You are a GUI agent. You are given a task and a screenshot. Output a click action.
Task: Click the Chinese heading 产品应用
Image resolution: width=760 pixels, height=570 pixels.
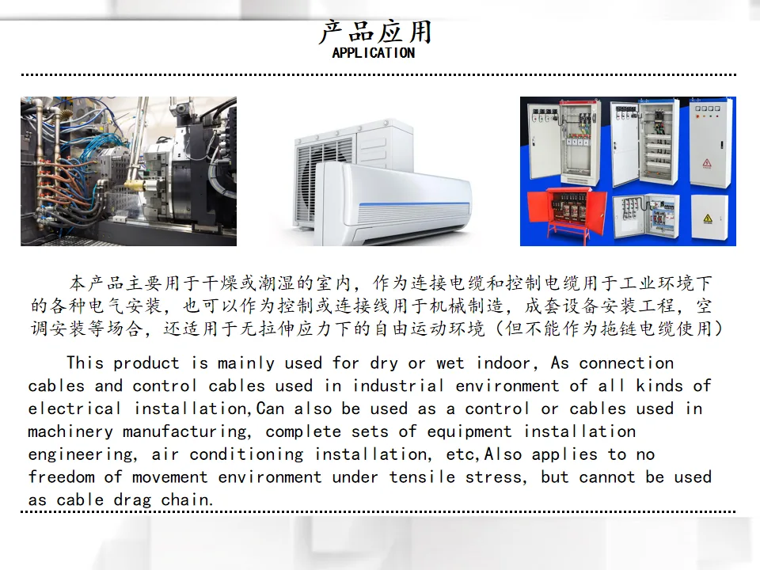(x=374, y=32)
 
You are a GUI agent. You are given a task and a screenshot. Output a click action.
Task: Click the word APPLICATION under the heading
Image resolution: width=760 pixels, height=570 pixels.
(x=373, y=53)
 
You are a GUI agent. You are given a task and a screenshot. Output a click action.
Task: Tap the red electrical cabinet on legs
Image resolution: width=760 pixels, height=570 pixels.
(x=566, y=214)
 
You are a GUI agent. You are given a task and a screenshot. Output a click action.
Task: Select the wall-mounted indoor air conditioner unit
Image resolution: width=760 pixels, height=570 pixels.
(x=393, y=203)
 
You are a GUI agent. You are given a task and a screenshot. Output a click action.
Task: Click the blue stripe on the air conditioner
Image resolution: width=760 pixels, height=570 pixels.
(x=414, y=203)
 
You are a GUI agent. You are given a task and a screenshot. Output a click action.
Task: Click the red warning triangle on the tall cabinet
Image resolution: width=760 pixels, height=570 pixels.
(x=707, y=163)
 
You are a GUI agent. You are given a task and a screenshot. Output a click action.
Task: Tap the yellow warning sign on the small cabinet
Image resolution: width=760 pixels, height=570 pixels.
(x=708, y=218)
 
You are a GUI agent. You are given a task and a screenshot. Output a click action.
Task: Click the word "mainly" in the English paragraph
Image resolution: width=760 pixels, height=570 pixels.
(x=245, y=363)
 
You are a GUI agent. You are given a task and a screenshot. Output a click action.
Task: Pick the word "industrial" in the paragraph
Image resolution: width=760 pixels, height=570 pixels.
(x=398, y=386)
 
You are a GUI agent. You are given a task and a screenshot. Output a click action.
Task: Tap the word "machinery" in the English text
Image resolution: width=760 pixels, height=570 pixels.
(x=70, y=432)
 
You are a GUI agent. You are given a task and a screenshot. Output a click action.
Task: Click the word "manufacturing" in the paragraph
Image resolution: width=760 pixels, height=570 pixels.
(x=187, y=432)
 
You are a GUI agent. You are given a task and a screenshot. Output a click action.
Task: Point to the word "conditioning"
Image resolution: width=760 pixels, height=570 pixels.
(x=246, y=455)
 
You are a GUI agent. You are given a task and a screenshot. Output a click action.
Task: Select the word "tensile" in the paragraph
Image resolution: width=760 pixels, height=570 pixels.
(x=422, y=477)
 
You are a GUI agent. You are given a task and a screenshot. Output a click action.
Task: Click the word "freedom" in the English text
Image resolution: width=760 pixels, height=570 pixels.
(x=61, y=477)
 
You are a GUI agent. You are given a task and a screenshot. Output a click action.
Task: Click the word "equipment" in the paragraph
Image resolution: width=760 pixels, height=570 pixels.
(x=469, y=432)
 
